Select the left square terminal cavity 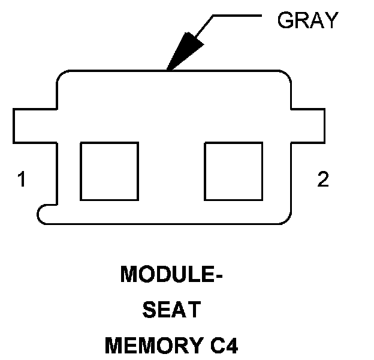pyautogui.click(x=109, y=171)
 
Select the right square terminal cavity pyautogui.click(x=233, y=171)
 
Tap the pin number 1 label pyautogui.click(x=22, y=179)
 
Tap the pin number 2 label pyautogui.click(x=323, y=179)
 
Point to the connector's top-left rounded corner pyautogui.click(x=64, y=77)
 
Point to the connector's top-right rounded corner pyautogui.click(x=284, y=77)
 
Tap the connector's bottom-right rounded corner pyautogui.click(x=285, y=217)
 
